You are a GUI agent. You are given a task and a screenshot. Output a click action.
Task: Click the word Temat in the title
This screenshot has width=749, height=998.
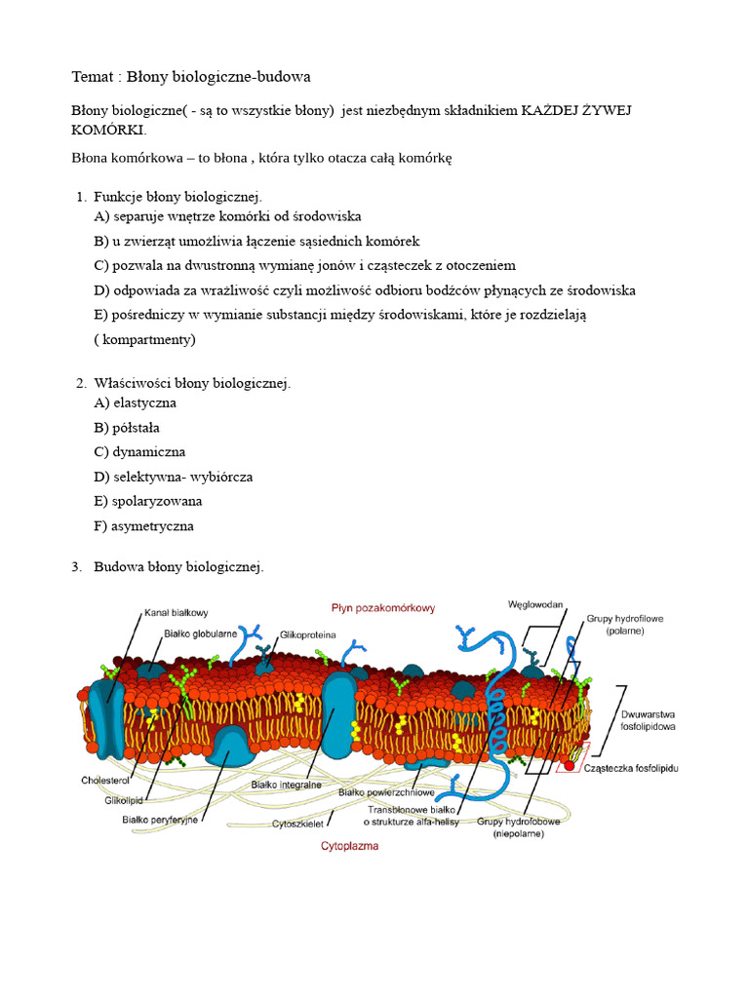tap(94, 76)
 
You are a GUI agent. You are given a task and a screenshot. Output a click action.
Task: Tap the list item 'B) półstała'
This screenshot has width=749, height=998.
tap(127, 427)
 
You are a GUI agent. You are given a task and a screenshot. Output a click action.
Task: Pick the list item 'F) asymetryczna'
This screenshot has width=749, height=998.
tap(143, 526)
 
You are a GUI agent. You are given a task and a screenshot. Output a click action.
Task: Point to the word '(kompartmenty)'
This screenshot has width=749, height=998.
tap(145, 340)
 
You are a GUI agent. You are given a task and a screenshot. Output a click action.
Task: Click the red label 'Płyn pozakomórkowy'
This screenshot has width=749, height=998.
tap(383, 607)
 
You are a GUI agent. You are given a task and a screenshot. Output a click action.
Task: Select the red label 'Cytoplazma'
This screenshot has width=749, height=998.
tap(350, 846)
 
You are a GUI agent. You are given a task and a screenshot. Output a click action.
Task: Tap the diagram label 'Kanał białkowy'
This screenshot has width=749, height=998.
tap(177, 613)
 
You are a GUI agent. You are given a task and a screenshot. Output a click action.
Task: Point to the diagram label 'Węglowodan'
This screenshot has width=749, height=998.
tap(535, 604)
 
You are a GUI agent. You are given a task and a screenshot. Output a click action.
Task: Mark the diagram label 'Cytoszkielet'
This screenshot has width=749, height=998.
tap(296, 823)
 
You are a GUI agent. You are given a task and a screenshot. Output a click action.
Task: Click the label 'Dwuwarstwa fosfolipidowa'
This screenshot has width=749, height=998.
tap(649, 720)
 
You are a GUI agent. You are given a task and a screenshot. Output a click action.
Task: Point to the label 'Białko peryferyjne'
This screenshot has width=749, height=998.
tap(160, 820)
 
